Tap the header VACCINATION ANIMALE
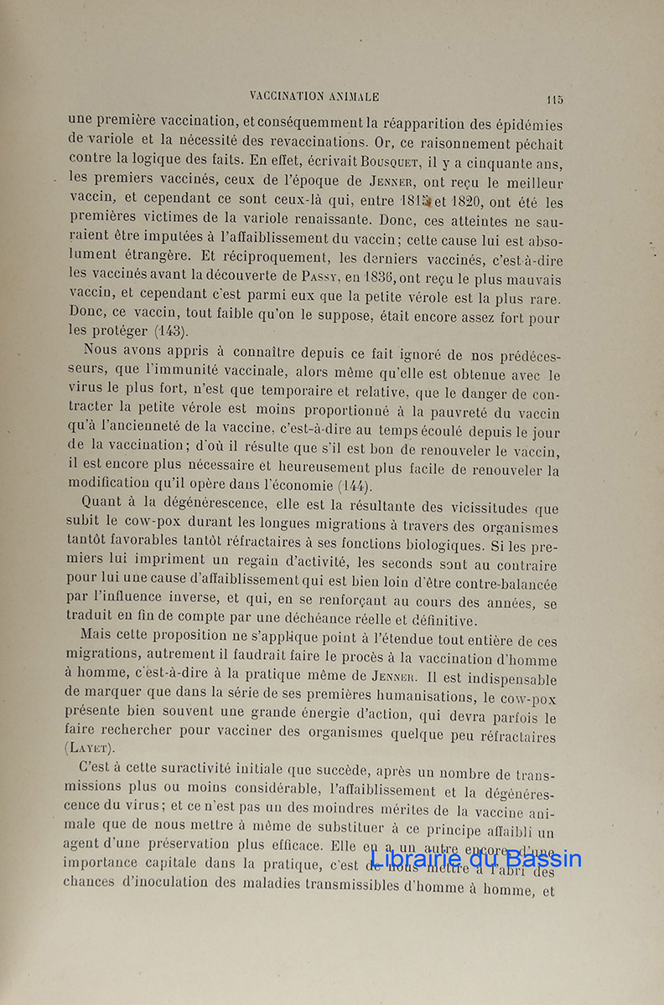[x=314, y=97]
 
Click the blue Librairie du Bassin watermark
[x=475, y=859]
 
